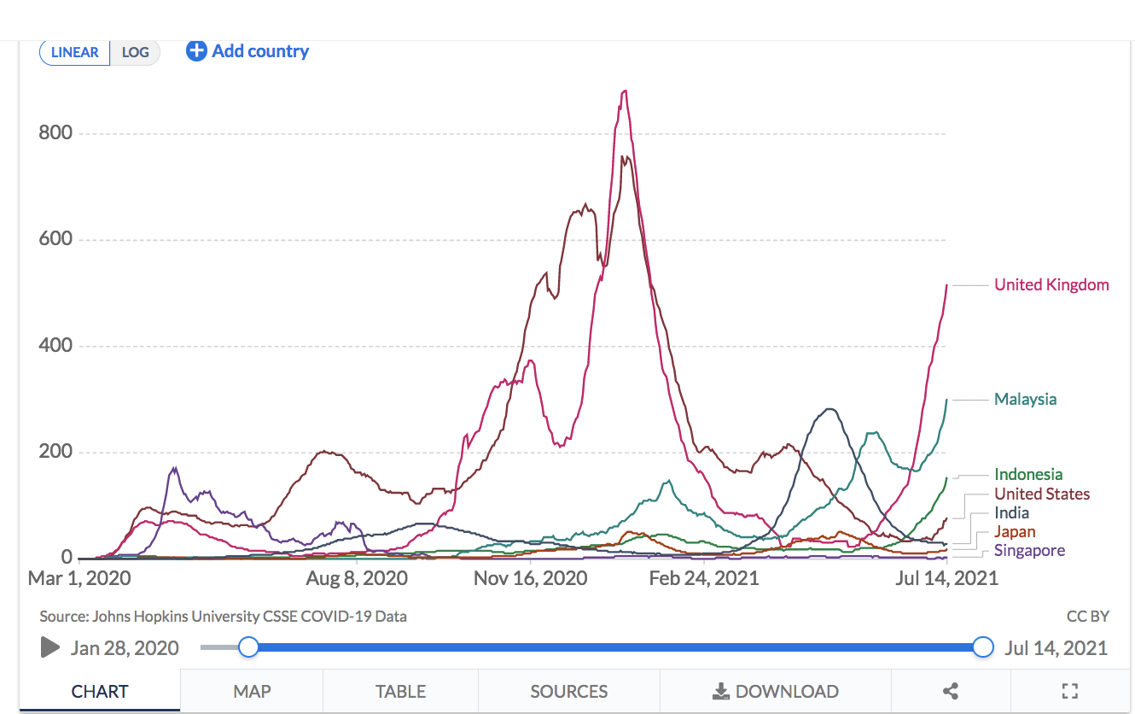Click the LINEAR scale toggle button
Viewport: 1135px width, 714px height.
click(x=75, y=52)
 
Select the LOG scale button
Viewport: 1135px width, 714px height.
click(x=136, y=52)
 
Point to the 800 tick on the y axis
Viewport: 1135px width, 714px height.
click(x=55, y=133)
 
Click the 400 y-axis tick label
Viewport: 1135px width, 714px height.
click(x=55, y=346)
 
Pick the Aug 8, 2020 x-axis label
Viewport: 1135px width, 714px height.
click(x=357, y=578)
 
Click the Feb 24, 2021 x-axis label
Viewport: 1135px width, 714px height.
click(x=704, y=578)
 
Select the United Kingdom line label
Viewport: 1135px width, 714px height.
click(x=1051, y=285)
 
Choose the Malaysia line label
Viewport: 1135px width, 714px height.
click(x=1025, y=400)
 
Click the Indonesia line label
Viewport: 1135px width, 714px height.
click(x=1028, y=475)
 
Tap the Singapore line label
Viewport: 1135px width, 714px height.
click(x=1029, y=551)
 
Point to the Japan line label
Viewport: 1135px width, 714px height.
click(x=1015, y=532)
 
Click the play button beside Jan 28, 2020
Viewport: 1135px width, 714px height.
click(x=50, y=647)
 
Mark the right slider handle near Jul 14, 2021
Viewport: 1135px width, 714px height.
click(x=983, y=647)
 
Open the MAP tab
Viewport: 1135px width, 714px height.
click(x=252, y=692)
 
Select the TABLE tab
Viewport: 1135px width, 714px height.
click(x=400, y=692)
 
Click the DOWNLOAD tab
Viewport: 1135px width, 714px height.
click(x=776, y=692)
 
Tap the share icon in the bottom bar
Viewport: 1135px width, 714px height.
click(x=951, y=692)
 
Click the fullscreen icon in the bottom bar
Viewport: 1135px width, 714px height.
click(x=1069, y=692)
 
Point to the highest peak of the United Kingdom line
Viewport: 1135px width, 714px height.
click(x=625, y=91)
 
